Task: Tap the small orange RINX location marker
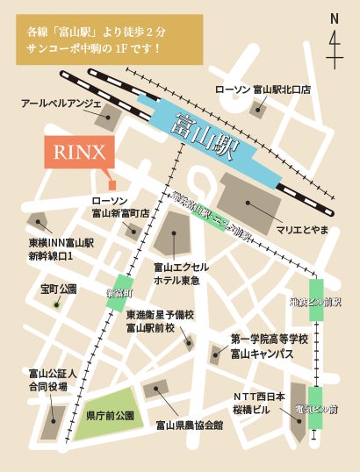[112, 184]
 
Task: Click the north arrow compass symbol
[334, 39]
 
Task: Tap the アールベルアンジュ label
[59, 104]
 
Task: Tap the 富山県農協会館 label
[189, 426]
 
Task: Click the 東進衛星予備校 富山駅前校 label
[159, 321]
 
